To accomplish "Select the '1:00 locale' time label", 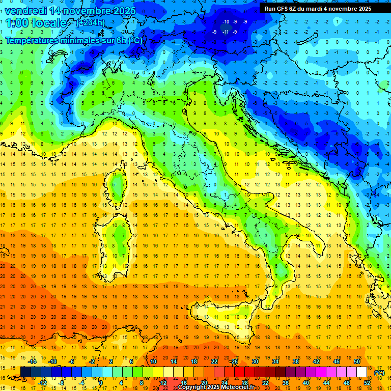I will pos(36,23).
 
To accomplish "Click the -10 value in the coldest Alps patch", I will pos(226,21).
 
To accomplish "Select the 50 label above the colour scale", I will pos(357,361).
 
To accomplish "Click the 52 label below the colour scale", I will pos(367,382).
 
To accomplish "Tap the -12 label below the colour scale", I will pos(42,382).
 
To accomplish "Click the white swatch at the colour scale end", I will pos(362,372).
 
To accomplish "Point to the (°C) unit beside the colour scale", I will pos(379,373).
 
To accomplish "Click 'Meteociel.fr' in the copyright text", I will pos(241,387).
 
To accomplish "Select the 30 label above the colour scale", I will pos(255,361).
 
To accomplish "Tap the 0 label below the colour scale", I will pos(101,382).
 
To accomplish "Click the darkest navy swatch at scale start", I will pos(25,372).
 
